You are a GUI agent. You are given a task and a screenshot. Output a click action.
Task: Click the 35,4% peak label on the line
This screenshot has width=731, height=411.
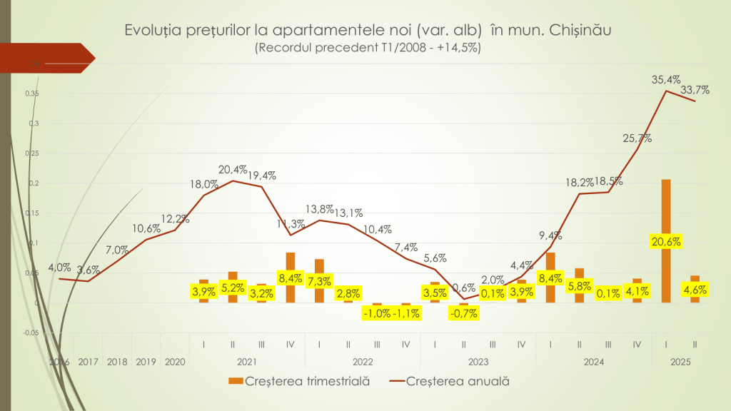[x=665, y=80]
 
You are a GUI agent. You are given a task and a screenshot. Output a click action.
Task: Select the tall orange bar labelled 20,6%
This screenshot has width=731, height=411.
[x=665, y=214]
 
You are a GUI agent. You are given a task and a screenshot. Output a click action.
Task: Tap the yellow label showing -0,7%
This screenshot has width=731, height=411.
[x=463, y=313]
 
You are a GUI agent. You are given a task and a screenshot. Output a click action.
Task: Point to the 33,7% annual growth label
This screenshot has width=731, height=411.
[x=695, y=90]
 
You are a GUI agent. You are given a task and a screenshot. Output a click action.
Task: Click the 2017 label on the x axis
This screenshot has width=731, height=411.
[x=89, y=362]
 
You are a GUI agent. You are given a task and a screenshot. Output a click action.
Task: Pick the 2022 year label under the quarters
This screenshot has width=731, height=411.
[x=363, y=362]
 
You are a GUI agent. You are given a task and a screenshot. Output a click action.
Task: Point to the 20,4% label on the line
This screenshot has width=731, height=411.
[x=233, y=170]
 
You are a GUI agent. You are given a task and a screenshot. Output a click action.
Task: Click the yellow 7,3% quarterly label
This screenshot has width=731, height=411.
[x=319, y=281]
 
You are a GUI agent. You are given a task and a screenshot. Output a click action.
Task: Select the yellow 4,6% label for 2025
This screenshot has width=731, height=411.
[x=695, y=290]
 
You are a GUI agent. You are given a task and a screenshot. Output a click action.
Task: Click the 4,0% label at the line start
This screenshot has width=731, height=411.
[x=59, y=268]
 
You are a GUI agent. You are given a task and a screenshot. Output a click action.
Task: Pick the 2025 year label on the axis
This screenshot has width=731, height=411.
[x=680, y=362]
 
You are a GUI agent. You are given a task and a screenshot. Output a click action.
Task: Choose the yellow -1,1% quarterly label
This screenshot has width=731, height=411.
[x=405, y=313]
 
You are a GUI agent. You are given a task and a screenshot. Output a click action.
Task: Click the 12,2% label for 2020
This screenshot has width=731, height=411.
[x=174, y=218]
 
